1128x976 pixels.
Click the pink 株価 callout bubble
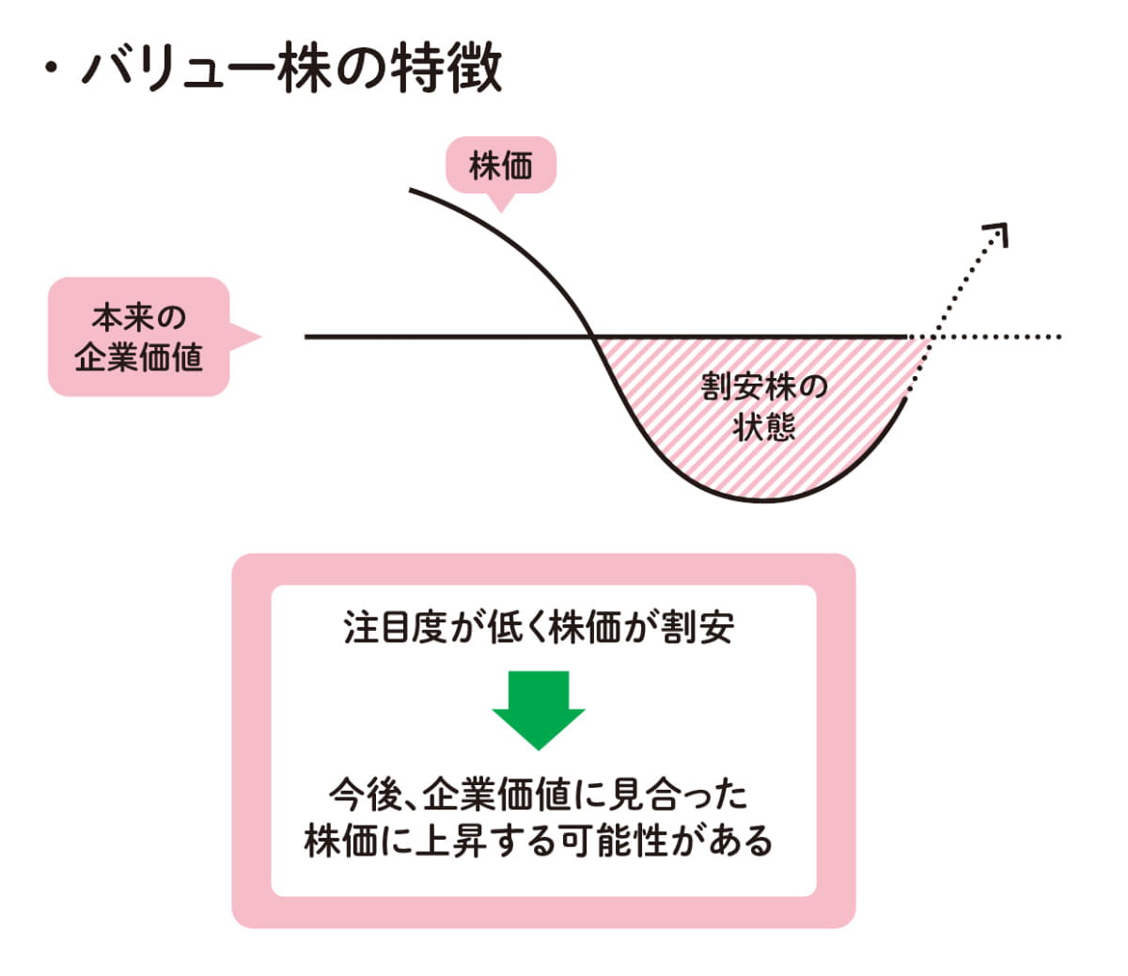pyautogui.click(x=500, y=166)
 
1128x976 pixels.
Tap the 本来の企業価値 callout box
pyautogui.click(x=138, y=337)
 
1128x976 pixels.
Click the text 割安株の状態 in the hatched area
pyautogui.click(x=763, y=406)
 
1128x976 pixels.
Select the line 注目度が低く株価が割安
pyautogui.click(x=539, y=627)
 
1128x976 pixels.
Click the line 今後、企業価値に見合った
pyautogui.click(x=539, y=795)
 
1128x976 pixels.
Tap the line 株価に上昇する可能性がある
pyautogui.click(x=539, y=841)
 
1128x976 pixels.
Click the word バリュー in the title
pyautogui.click(x=178, y=68)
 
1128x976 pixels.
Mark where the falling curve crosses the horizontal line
pyautogui.click(x=592, y=337)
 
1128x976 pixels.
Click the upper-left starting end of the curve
pyautogui.click(x=412, y=191)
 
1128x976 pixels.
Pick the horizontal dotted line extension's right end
pyautogui.click(x=1058, y=337)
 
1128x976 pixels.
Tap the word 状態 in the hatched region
pyautogui.click(x=763, y=428)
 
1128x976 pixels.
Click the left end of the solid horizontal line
pyautogui.click(x=307, y=337)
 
